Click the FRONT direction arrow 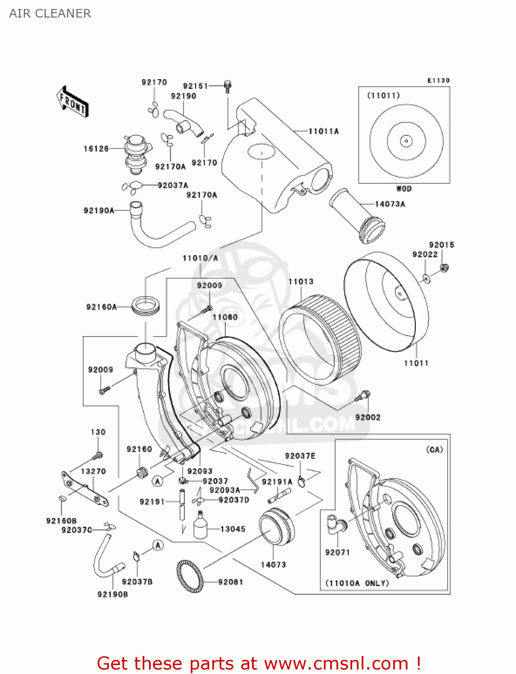click(72, 102)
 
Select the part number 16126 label click(96, 149)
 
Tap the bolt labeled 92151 click(227, 86)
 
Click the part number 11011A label click(323, 131)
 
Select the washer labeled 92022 click(426, 278)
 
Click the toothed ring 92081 click(190, 576)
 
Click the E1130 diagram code click(438, 80)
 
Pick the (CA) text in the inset click(434, 449)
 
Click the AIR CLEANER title click(50, 13)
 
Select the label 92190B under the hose click(112, 594)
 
